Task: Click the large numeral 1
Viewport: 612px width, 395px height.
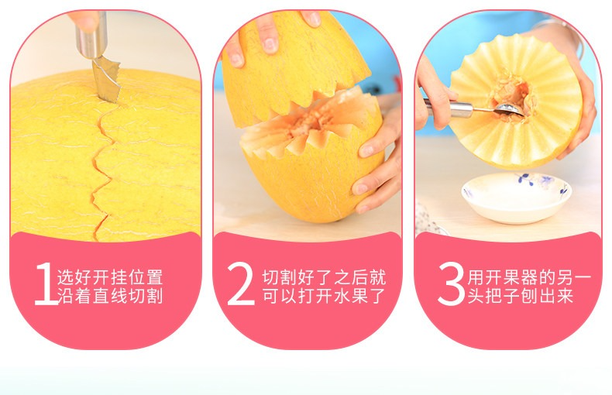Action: (46, 283)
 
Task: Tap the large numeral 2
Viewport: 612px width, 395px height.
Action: (240, 283)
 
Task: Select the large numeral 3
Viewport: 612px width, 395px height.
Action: (451, 283)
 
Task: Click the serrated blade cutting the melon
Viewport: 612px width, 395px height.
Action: (106, 81)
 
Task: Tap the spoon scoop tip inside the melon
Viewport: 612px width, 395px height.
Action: (507, 110)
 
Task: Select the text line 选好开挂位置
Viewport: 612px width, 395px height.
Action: (110, 277)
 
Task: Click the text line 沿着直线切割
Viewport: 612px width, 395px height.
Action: (110, 295)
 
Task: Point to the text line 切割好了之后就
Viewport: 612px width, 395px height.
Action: (324, 277)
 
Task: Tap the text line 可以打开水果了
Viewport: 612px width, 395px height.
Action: (324, 295)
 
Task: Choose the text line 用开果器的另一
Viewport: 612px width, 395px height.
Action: (530, 277)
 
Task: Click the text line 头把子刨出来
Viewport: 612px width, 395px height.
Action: (521, 295)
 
